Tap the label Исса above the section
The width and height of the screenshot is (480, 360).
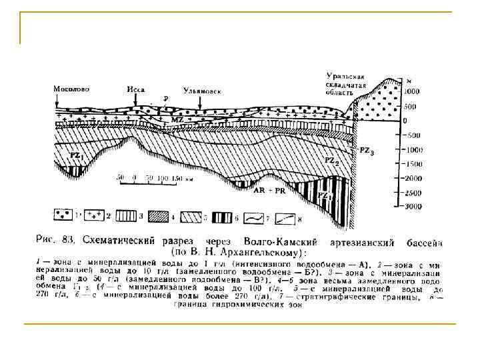(135, 88)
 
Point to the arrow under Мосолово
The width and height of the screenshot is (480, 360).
(58, 100)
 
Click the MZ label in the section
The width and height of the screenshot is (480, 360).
(177, 118)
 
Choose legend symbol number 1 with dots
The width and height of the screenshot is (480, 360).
(63, 215)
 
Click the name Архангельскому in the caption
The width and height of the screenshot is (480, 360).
(263, 253)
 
